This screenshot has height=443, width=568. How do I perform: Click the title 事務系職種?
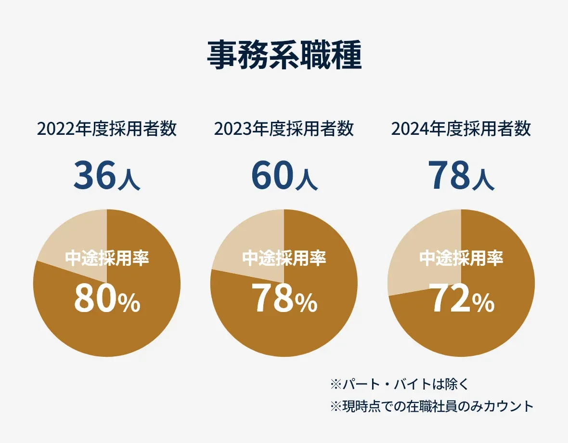tap(284, 55)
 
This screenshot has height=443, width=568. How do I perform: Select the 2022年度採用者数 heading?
tap(107, 129)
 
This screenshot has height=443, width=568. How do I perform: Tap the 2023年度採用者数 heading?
tap(284, 129)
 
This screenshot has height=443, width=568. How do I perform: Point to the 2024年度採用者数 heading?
tap(461, 129)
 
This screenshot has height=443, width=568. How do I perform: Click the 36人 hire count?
tap(107, 175)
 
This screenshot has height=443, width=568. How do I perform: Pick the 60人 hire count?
tap(284, 175)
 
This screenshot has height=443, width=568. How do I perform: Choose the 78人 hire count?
tap(461, 175)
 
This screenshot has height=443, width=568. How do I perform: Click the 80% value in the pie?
tap(107, 298)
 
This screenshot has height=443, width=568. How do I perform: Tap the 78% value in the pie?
tap(284, 298)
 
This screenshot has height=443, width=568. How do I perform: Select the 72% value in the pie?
tap(462, 298)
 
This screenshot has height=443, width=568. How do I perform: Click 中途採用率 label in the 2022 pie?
tap(107, 258)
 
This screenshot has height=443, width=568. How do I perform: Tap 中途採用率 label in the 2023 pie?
tap(284, 258)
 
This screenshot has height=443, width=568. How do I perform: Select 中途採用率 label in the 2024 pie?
tap(461, 258)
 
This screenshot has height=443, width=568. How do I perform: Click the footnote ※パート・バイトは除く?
tap(400, 384)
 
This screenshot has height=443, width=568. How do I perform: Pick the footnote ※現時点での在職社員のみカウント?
tap(432, 406)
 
